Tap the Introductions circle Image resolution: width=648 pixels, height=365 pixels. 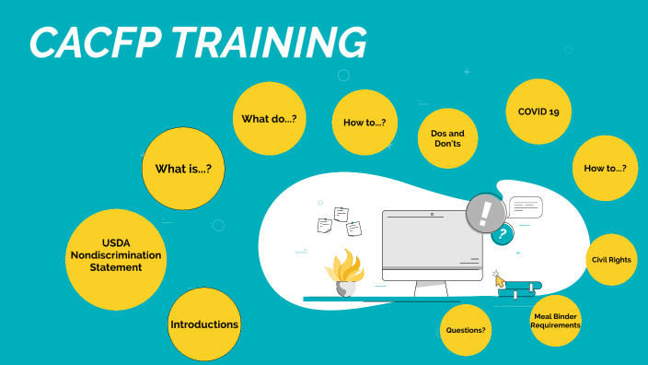point(204,324)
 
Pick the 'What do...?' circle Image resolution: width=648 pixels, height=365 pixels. point(269,119)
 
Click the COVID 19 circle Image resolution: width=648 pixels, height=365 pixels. point(538,112)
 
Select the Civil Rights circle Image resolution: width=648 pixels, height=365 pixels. point(611,260)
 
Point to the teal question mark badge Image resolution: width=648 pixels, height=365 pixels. point(503,235)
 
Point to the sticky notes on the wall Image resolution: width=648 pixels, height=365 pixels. point(334,219)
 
